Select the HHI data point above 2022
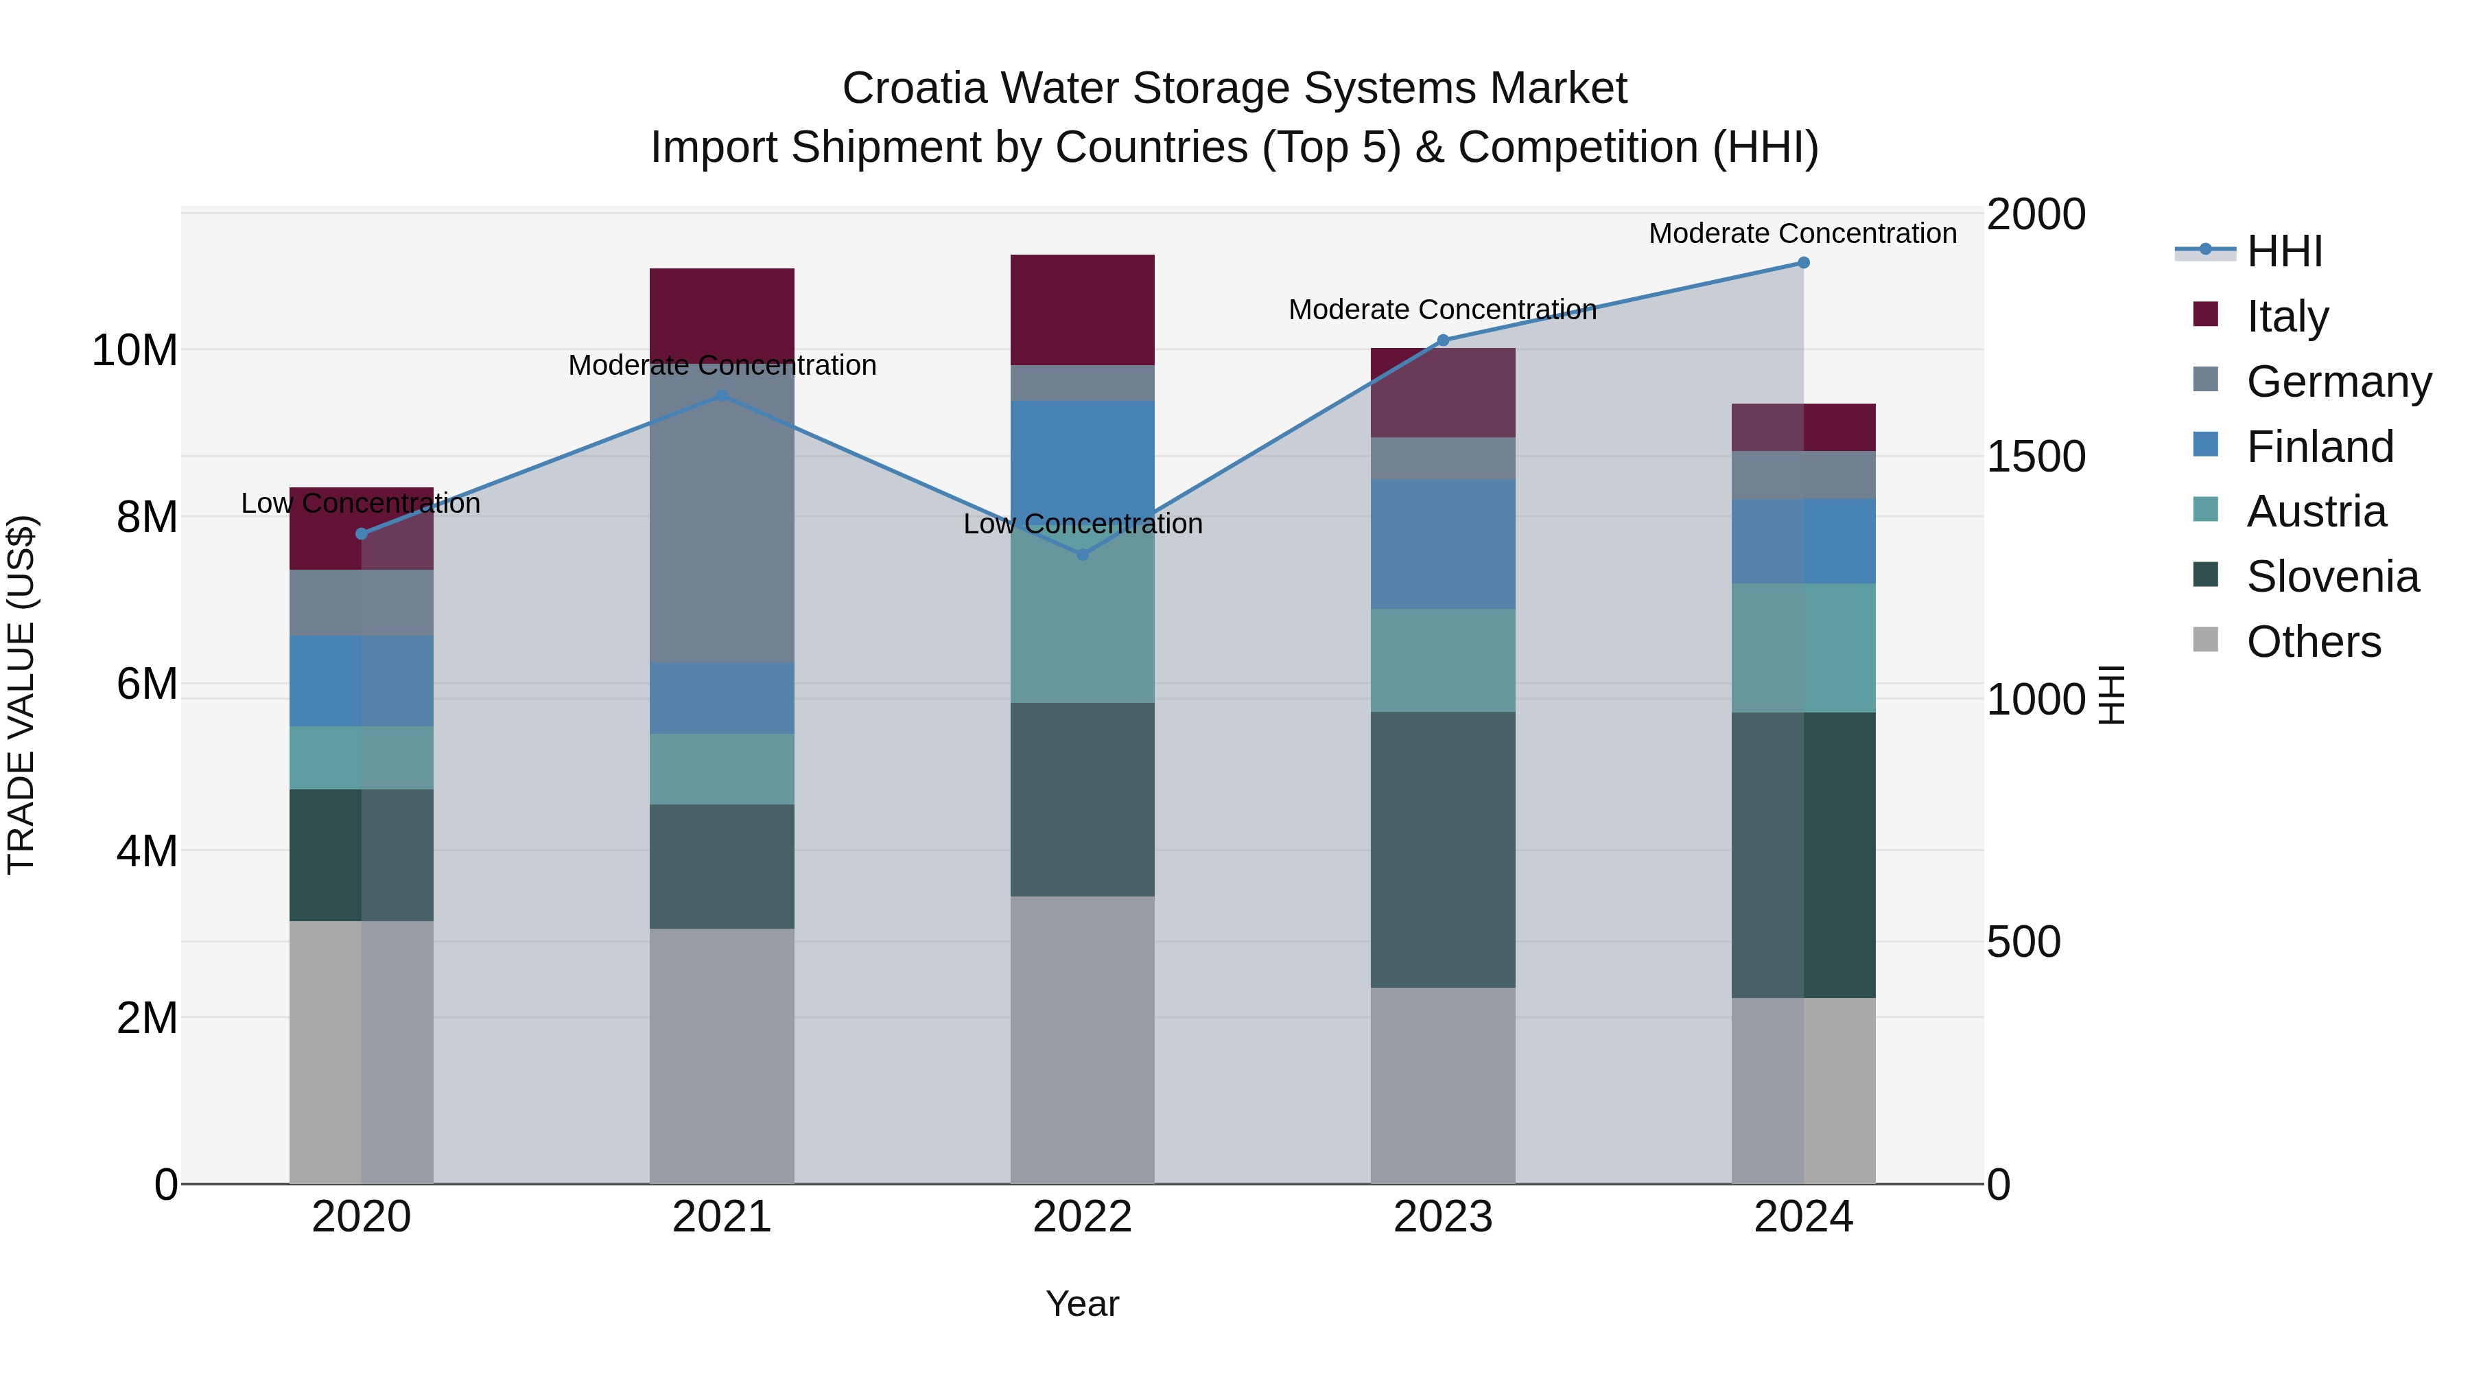[x=1083, y=555]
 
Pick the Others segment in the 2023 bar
[x=1442, y=1085]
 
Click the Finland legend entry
[x=2320, y=447]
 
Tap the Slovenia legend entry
[x=2332, y=577]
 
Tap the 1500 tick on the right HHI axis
[x=2035, y=458]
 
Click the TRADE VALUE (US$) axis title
[x=21, y=695]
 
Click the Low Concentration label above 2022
[x=1083, y=524]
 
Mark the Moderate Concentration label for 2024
[x=1802, y=233]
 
